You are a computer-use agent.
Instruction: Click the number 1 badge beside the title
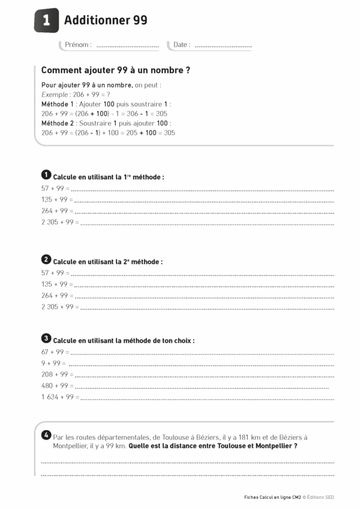[46, 20]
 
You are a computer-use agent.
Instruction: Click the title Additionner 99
[106, 20]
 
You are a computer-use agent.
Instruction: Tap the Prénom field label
[78, 45]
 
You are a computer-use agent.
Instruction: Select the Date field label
[181, 45]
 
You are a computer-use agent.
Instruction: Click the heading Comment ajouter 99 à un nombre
[116, 70]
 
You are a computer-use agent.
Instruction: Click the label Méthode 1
[56, 104]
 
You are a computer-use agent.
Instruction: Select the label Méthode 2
[56, 123]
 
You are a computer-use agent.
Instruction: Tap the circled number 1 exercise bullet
[46, 175]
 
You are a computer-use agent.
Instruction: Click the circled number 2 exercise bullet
[46, 260]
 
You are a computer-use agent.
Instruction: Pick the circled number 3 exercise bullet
[46, 338]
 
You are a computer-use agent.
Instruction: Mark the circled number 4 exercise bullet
[46, 435]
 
